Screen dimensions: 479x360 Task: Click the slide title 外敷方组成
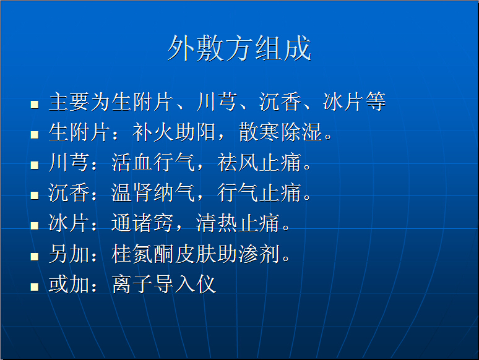tap(239, 48)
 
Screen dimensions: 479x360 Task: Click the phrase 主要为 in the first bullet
tap(80, 101)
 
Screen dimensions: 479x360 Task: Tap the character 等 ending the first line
tap(376, 101)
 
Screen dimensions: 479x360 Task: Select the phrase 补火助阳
tap(174, 132)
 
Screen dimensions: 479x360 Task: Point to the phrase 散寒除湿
tap(280, 132)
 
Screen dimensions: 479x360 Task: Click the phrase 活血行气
tap(153, 162)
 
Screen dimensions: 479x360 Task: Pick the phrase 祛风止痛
tap(259, 162)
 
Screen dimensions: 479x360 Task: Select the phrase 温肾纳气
tap(153, 192)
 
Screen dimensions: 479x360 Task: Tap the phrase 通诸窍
tap(142, 223)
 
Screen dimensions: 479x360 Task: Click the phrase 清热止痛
tap(238, 223)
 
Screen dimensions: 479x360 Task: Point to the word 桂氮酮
tap(142, 254)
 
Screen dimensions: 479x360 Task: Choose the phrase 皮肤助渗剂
tap(227, 254)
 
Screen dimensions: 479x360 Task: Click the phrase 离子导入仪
tap(164, 285)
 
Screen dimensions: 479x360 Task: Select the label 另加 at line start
tap(69, 254)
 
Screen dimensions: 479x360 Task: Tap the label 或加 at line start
tap(69, 285)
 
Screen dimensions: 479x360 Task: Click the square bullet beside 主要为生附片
tap(35, 105)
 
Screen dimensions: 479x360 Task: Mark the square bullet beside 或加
tap(35, 287)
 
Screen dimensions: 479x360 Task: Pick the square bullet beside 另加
tap(35, 257)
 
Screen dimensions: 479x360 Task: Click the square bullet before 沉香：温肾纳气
tap(35, 195)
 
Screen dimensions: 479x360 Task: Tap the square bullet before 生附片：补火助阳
tap(35, 135)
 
